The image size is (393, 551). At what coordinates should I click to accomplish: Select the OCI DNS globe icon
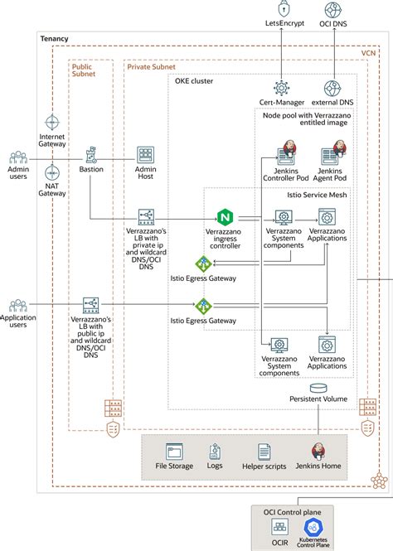(x=333, y=11)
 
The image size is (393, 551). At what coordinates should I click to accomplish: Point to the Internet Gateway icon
(x=52, y=122)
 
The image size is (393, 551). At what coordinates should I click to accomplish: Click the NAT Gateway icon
(x=52, y=173)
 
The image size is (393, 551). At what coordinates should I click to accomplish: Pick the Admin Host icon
(x=146, y=155)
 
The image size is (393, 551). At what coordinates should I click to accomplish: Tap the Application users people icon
(x=18, y=306)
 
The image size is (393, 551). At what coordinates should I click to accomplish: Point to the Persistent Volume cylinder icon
(x=318, y=389)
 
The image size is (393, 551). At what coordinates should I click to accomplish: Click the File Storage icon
(x=174, y=452)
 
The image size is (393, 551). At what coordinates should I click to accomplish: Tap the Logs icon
(x=216, y=452)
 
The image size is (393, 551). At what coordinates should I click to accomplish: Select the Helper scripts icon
(x=264, y=452)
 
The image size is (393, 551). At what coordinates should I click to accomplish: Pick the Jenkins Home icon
(x=318, y=452)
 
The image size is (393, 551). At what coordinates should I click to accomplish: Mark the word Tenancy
(x=55, y=39)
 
